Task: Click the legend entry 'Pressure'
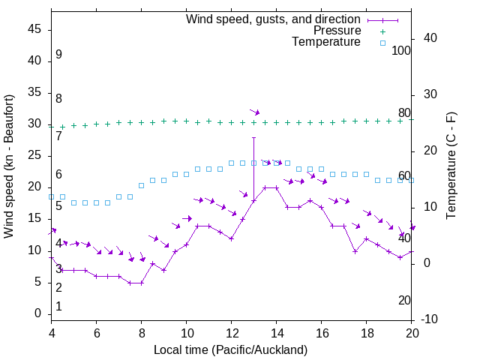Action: [x=337, y=31]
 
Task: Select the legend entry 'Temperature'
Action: [x=326, y=43]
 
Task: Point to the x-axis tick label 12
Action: [x=232, y=334]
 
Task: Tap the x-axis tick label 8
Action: [x=142, y=334]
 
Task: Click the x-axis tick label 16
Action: [x=322, y=334]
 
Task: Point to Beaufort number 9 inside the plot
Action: [x=58, y=55]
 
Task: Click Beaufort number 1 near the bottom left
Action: [x=58, y=307]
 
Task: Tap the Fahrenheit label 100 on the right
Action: [x=401, y=50]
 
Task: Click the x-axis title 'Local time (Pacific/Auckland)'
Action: [x=231, y=349]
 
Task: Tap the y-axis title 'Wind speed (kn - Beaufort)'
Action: [x=10, y=166]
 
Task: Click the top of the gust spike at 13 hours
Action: [x=254, y=138]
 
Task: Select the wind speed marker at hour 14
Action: [x=277, y=187]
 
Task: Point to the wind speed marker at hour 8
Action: [x=142, y=283]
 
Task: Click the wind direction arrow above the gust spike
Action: [x=255, y=112]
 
